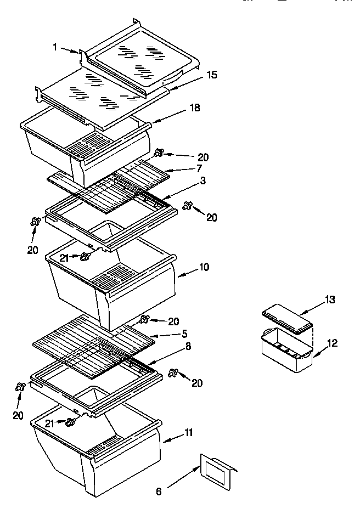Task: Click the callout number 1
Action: pyautogui.click(x=55, y=47)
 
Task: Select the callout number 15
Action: pyautogui.click(x=211, y=75)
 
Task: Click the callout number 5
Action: pyautogui.click(x=185, y=332)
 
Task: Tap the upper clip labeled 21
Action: pyautogui.click(x=85, y=257)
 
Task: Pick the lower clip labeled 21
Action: pyautogui.click(x=70, y=422)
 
